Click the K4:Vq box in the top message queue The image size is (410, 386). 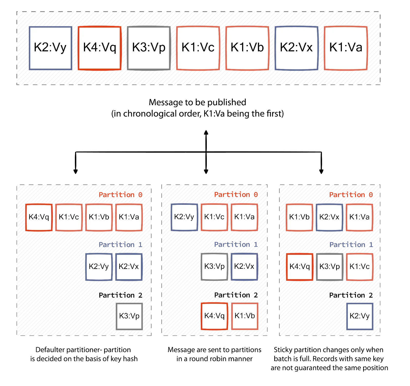[100, 48]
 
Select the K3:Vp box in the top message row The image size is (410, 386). [149, 48]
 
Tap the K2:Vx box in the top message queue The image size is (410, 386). [296, 48]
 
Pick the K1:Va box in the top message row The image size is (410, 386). [346, 48]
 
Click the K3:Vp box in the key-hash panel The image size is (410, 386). [129, 316]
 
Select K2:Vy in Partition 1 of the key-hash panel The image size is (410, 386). [99, 267]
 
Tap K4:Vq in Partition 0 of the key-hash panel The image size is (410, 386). [39, 217]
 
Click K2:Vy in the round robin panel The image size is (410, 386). [184, 217]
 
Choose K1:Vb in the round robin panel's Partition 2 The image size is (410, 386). [245, 316]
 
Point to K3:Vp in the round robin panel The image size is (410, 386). [214, 267]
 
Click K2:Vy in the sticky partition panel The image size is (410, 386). [360, 316]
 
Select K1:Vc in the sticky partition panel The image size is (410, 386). [360, 267]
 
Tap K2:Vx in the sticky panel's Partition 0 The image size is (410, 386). [329, 217]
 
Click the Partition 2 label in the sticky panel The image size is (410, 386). [351, 295]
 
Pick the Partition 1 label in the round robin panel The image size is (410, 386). [236, 244]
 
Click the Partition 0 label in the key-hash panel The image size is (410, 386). [120, 195]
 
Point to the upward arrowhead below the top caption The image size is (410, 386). [206, 132]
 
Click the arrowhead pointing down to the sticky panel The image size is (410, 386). [321, 171]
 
